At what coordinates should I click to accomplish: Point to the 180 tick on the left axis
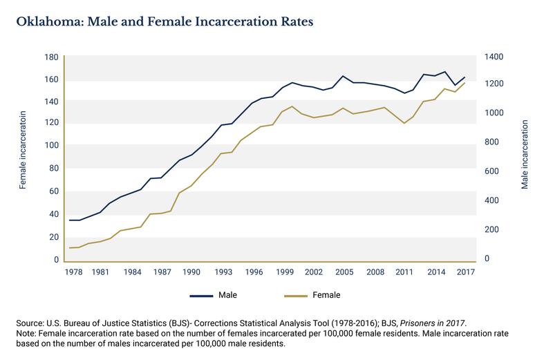[x=51, y=57]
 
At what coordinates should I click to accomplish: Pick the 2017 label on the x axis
[x=464, y=272]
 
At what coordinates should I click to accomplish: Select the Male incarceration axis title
[x=525, y=154]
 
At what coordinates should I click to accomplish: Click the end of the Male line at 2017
[x=464, y=77]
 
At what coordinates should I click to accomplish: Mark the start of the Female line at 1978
[x=70, y=247]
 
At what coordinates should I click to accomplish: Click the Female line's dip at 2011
[x=404, y=123]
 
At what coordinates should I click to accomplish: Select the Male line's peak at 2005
[x=344, y=76]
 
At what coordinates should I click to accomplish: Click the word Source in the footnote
[x=30, y=323]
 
